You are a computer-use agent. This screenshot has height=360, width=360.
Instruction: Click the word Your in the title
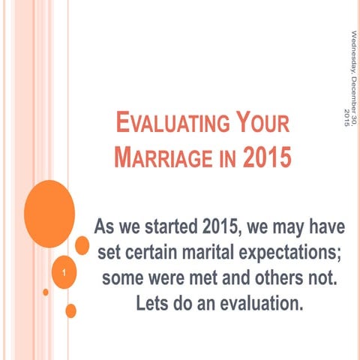tap(256, 124)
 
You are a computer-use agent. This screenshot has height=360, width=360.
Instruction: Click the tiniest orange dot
tap(46, 292)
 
